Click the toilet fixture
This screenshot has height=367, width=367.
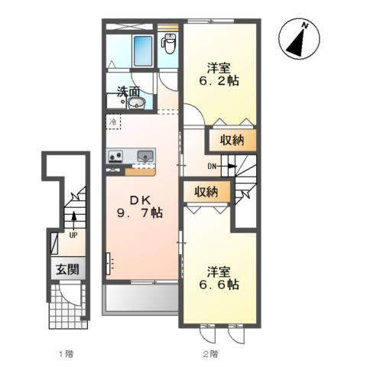pyautogui.click(x=168, y=44)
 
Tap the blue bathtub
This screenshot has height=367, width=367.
pyautogui.click(x=143, y=50)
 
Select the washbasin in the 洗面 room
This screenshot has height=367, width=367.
pyautogui.click(x=137, y=103)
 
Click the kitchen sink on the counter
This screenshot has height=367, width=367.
pyautogui.click(x=145, y=156)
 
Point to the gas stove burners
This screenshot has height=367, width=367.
pyautogui.click(x=116, y=156)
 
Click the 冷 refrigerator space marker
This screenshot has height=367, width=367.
pyautogui.click(x=112, y=122)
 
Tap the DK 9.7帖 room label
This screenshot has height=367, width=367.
pyautogui.click(x=140, y=206)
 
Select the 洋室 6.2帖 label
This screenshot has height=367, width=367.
pyautogui.click(x=219, y=74)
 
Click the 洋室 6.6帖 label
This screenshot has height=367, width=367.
pyautogui.click(x=219, y=278)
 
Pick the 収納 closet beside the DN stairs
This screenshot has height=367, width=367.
pyautogui.click(x=232, y=140)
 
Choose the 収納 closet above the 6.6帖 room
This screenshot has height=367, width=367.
pyautogui.click(x=206, y=192)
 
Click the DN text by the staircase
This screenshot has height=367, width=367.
pyautogui.click(x=212, y=167)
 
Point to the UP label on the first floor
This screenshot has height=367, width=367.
pyautogui.click(x=73, y=235)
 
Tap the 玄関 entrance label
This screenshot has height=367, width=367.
pyautogui.click(x=67, y=269)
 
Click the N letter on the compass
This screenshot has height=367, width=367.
pyautogui.click(x=305, y=25)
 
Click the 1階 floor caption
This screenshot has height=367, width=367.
pyautogui.click(x=67, y=354)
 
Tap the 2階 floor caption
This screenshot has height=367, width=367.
pyautogui.click(x=210, y=354)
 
